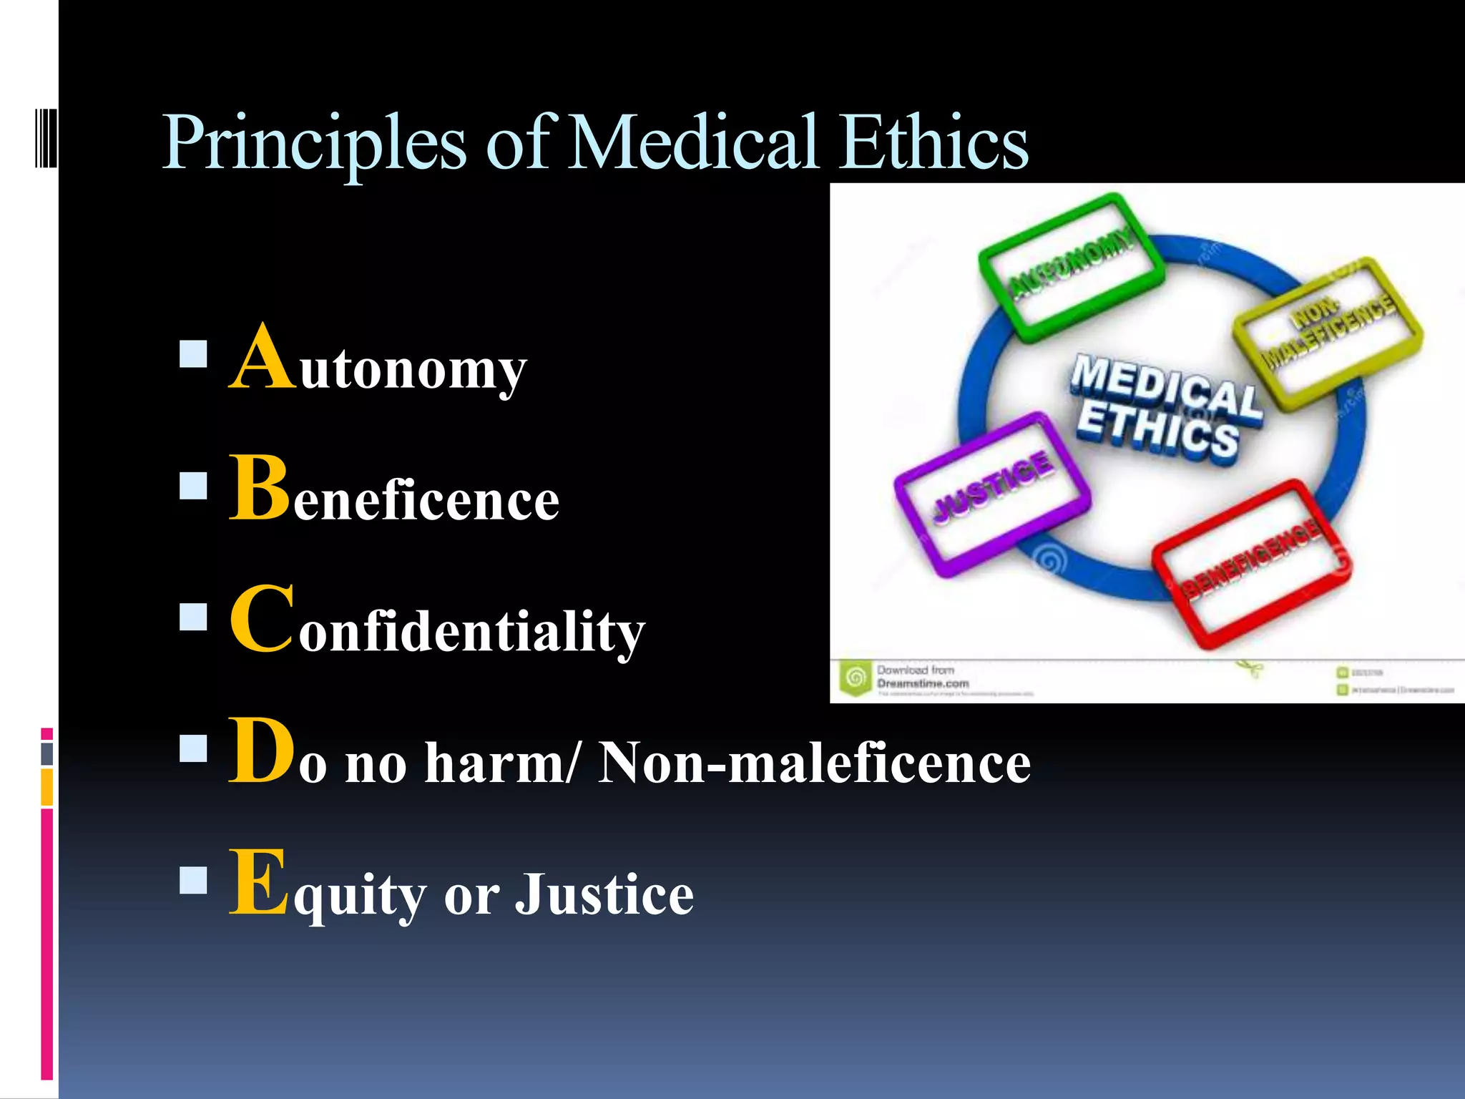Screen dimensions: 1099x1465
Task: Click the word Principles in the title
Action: (315, 143)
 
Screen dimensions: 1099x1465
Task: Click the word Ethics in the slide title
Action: (934, 143)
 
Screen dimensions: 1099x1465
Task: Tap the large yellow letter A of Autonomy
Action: (263, 358)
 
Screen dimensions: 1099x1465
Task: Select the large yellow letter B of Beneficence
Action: (259, 488)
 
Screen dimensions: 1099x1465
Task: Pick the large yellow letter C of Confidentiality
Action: (262, 619)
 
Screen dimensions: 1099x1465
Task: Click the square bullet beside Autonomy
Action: (193, 354)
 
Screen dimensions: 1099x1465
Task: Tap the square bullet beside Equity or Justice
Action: (193, 881)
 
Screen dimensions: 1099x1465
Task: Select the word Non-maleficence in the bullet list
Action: (814, 763)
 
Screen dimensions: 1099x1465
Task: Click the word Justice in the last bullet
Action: (604, 894)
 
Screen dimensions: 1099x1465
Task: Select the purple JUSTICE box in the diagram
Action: (992, 494)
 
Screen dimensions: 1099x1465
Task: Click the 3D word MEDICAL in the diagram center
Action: (1166, 386)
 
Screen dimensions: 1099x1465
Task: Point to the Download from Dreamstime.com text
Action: (921, 677)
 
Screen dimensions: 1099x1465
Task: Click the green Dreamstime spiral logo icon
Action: (856, 677)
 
